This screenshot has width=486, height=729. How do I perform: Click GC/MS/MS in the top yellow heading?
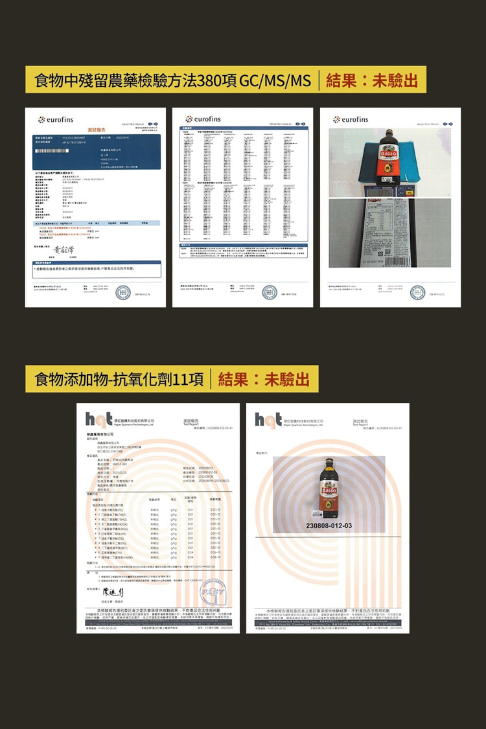click(x=275, y=81)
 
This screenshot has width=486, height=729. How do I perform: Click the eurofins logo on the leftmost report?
click(x=58, y=119)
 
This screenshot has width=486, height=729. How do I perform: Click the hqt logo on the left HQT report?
click(x=94, y=421)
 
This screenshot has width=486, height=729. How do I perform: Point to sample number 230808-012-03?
click(x=330, y=526)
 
